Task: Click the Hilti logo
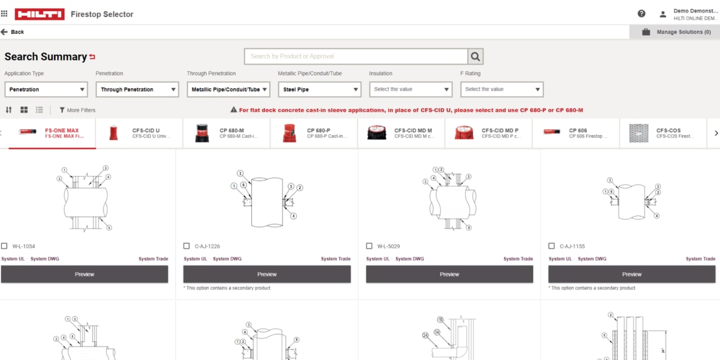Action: pyautogui.click(x=39, y=14)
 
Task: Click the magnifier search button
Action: pyautogui.click(x=475, y=56)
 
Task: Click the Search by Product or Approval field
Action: pyautogui.click(x=355, y=56)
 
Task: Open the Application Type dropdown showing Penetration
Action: pyautogui.click(x=46, y=89)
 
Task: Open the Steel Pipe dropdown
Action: pyautogui.click(x=319, y=89)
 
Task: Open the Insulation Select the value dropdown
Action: pyautogui.click(x=410, y=89)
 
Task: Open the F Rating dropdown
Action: pyautogui.click(x=501, y=89)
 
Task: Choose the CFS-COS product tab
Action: pyautogui.click(x=663, y=133)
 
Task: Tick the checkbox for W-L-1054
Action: pyautogui.click(x=4, y=246)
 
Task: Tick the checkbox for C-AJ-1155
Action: pyautogui.click(x=552, y=246)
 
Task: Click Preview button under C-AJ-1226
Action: pyautogui.click(x=267, y=274)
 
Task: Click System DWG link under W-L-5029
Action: pyautogui.click(x=409, y=259)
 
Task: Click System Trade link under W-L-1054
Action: pyautogui.click(x=154, y=259)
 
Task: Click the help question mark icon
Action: pyautogui.click(x=641, y=14)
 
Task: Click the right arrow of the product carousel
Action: pyautogui.click(x=716, y=133)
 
